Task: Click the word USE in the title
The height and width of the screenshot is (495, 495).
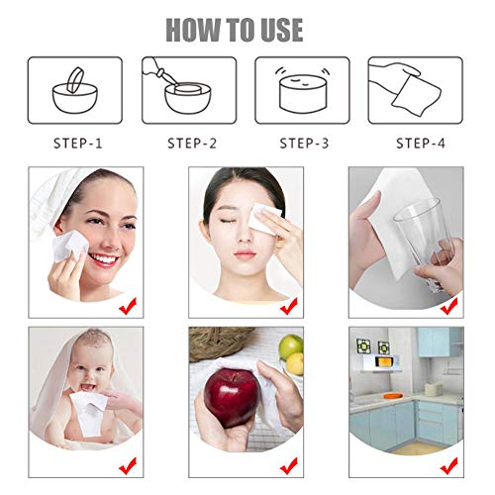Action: point(281,30)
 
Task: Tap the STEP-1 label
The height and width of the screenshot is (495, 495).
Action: point(78,144)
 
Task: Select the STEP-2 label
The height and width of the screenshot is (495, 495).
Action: point(192,144)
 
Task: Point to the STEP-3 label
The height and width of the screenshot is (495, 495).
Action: point(304,144)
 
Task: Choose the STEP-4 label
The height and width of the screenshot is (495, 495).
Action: point(421,144)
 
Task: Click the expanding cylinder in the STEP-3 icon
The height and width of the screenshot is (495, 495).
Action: point(302,94)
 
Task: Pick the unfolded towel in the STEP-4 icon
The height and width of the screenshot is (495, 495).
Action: point(417,96)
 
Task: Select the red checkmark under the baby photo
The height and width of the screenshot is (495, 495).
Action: point(128,465)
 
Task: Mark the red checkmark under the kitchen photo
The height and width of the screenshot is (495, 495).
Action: point(448,465)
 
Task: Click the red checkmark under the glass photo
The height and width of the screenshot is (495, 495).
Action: point(448,306)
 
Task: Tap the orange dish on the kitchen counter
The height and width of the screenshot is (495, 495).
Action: point(393,395)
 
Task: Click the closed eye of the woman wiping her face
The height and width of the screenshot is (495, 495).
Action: point(229,221)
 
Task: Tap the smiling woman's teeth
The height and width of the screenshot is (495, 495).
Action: point(104,258)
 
